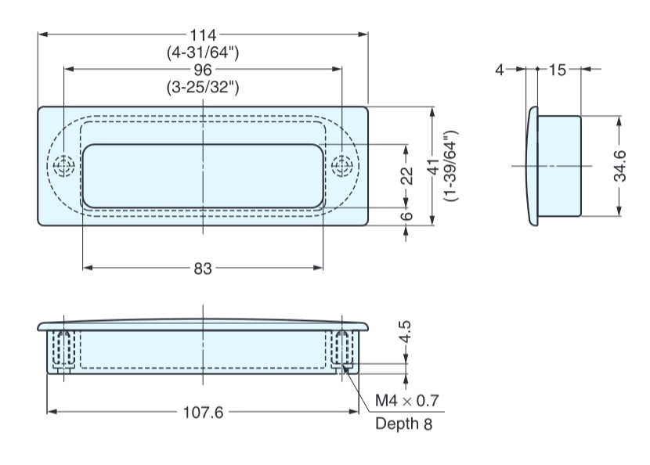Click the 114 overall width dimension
203,35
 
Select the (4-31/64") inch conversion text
203,52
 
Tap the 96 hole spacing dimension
203,70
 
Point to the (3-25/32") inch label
203,87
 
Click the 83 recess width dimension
203,269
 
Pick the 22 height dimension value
406,176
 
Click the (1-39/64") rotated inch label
451,165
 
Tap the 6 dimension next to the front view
406,217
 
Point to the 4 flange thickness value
499,70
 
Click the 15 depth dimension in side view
557,70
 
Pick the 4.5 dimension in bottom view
406,333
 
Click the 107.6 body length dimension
203,412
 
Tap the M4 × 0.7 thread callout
406,402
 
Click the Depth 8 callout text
403,424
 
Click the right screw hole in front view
341,166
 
